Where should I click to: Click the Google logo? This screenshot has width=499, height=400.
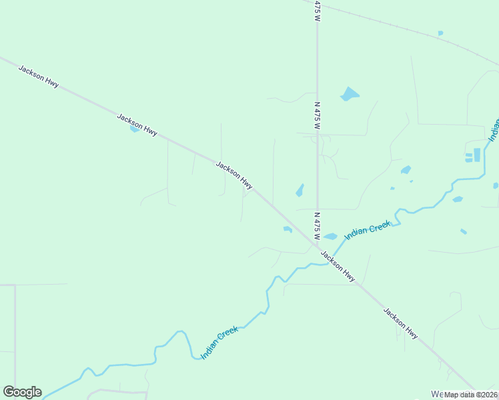click(x=22, y=392)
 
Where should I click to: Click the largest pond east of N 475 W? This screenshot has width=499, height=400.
click(x=349, y=94)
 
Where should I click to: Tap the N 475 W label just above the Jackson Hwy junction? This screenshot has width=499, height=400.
click(x=317, y=226)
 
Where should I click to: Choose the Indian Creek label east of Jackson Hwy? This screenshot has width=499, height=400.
click(x=367, y=231)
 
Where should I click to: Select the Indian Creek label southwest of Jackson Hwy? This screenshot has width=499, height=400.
click(x=219, y=343)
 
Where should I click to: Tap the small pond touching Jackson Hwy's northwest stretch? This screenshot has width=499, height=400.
click(x=134, y=129)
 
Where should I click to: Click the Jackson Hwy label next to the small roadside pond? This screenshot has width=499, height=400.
click(x=137, y=125)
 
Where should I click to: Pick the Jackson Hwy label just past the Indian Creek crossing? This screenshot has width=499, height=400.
click(x=338, y=266)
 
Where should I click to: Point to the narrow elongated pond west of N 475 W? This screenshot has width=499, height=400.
click(x=300, y=191)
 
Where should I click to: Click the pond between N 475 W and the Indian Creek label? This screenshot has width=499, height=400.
click(x=330, y=236)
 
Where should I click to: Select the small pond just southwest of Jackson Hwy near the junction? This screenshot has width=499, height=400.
click(x=288, y=229)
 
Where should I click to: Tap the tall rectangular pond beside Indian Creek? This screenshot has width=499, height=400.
click(x=477, y=155)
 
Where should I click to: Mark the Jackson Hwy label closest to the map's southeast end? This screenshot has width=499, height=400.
click(x=400, y=323)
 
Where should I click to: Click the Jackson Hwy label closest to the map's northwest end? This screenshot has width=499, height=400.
click(x=39, y=77)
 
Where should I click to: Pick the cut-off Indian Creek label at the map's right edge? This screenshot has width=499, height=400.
click(x=494, y=131)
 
